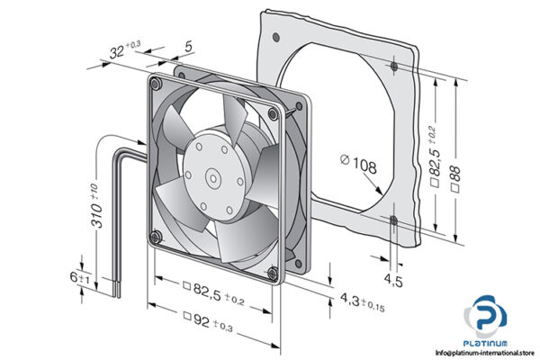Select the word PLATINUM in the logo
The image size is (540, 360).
pyautogui.click(x=489, y=343)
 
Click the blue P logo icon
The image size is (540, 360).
pyautogui.click(x=487, y=316)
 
